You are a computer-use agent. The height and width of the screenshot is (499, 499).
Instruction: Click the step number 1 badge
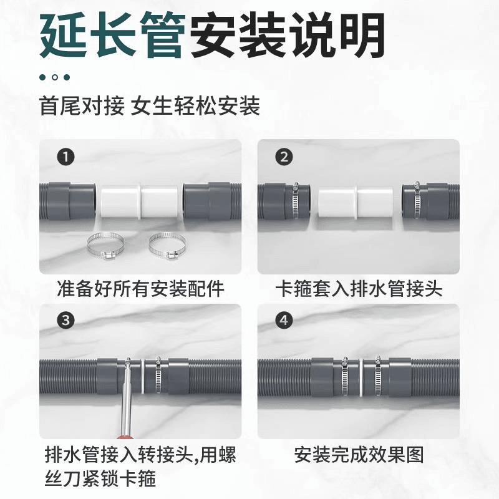[x=65, y=157]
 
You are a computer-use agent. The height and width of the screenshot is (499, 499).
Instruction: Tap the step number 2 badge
[x=284, y=157]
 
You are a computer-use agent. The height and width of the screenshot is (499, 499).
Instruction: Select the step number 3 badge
[x=65, y=320]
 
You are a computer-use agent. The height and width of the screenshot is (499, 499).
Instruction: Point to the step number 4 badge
[x=284, y=320]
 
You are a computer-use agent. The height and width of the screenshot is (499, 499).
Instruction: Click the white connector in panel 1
[x=139, y=201]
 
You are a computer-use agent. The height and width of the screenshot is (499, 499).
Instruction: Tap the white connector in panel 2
[x=356, y=202]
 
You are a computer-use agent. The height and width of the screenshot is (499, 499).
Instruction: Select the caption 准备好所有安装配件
[x=141, y=289]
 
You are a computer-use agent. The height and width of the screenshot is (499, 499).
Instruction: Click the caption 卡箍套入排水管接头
[x=359, y=289]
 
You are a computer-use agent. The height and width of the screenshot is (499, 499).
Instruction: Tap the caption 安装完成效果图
[x=359, y=455]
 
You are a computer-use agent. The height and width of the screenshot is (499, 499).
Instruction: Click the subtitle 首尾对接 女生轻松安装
[x=150, y=106]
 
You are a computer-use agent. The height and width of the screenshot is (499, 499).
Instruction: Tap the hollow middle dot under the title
[x=54, y=77]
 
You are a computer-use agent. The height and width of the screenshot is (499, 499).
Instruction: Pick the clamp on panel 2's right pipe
[x=417, y=199]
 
